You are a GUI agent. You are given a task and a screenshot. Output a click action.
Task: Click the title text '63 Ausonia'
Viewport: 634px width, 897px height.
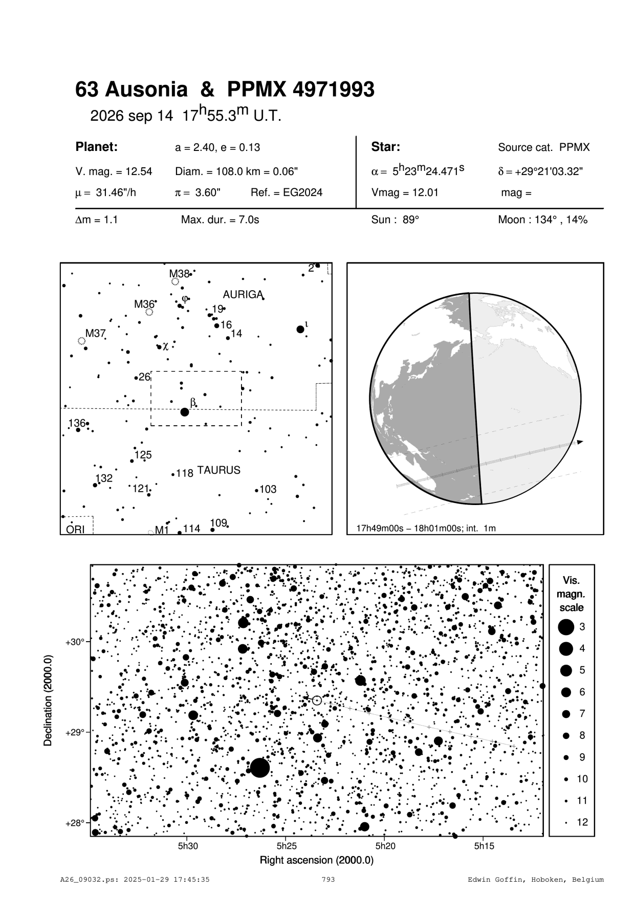(x=131, y=90)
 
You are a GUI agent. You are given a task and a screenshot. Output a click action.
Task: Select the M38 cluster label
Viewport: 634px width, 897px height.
(x=180, y=273)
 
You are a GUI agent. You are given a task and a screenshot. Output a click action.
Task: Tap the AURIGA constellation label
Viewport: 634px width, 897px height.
(x=243, y=295)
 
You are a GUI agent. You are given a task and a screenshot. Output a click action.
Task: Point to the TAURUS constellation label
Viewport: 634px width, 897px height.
(x=218, y=470)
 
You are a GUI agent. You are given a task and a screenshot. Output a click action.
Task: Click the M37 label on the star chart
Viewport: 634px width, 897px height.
(x=95, y=333)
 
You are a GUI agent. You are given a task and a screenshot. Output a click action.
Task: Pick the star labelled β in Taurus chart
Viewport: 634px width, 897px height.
(x=185, y=412)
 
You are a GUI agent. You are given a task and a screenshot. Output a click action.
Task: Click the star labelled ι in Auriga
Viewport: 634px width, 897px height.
(x=300, y=329)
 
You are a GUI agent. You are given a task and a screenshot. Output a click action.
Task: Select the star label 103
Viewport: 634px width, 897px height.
(x=268, y=489)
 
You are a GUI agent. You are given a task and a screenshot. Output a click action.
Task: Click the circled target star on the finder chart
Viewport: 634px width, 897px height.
(x=317, y=700)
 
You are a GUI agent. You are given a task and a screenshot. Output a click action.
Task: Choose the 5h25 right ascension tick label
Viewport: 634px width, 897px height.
(x=287, y=846)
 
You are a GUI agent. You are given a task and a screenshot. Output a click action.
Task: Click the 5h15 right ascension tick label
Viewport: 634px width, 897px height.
(x=484, y=846)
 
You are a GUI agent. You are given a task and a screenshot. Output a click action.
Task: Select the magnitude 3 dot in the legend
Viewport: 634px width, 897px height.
(x=566, y=627)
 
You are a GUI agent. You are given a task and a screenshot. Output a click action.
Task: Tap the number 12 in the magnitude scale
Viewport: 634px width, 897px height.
(x=582, y=822)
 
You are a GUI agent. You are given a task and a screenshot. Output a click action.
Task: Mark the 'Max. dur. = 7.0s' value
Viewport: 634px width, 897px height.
(x=220, y=220)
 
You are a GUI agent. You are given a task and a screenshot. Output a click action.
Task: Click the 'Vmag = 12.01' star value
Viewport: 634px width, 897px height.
(x=405, y=193)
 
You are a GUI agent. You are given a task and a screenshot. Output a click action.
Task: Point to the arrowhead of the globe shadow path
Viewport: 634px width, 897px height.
(x=580, y=442)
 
